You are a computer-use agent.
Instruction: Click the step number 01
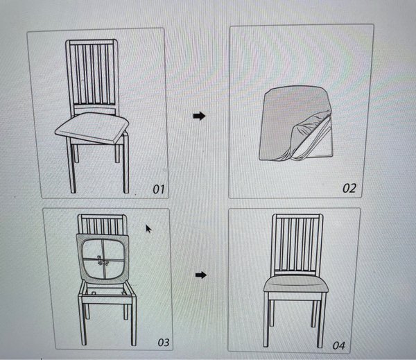click(159, 189)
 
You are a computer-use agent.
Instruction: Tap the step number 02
click(349, 188)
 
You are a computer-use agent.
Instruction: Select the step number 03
click(164, 342)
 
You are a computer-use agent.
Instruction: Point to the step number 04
click(339, 345)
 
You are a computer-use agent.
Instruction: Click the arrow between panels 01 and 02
click(199, 116)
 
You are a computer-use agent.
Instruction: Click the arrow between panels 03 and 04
click(201, 275)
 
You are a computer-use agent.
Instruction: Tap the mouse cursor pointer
click(148, 229)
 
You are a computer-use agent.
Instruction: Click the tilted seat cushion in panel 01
click(92, 128)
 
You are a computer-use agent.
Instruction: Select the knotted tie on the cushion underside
click(103, 260)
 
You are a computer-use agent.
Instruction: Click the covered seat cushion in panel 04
click(296, 284)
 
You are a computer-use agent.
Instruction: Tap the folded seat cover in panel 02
click(295, 123)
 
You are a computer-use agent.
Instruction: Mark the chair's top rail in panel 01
click(92, 42)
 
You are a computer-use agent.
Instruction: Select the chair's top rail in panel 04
click(297, 216)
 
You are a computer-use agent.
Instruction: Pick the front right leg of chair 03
click(133, 321)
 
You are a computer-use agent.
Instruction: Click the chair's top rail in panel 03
click(102, 216)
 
